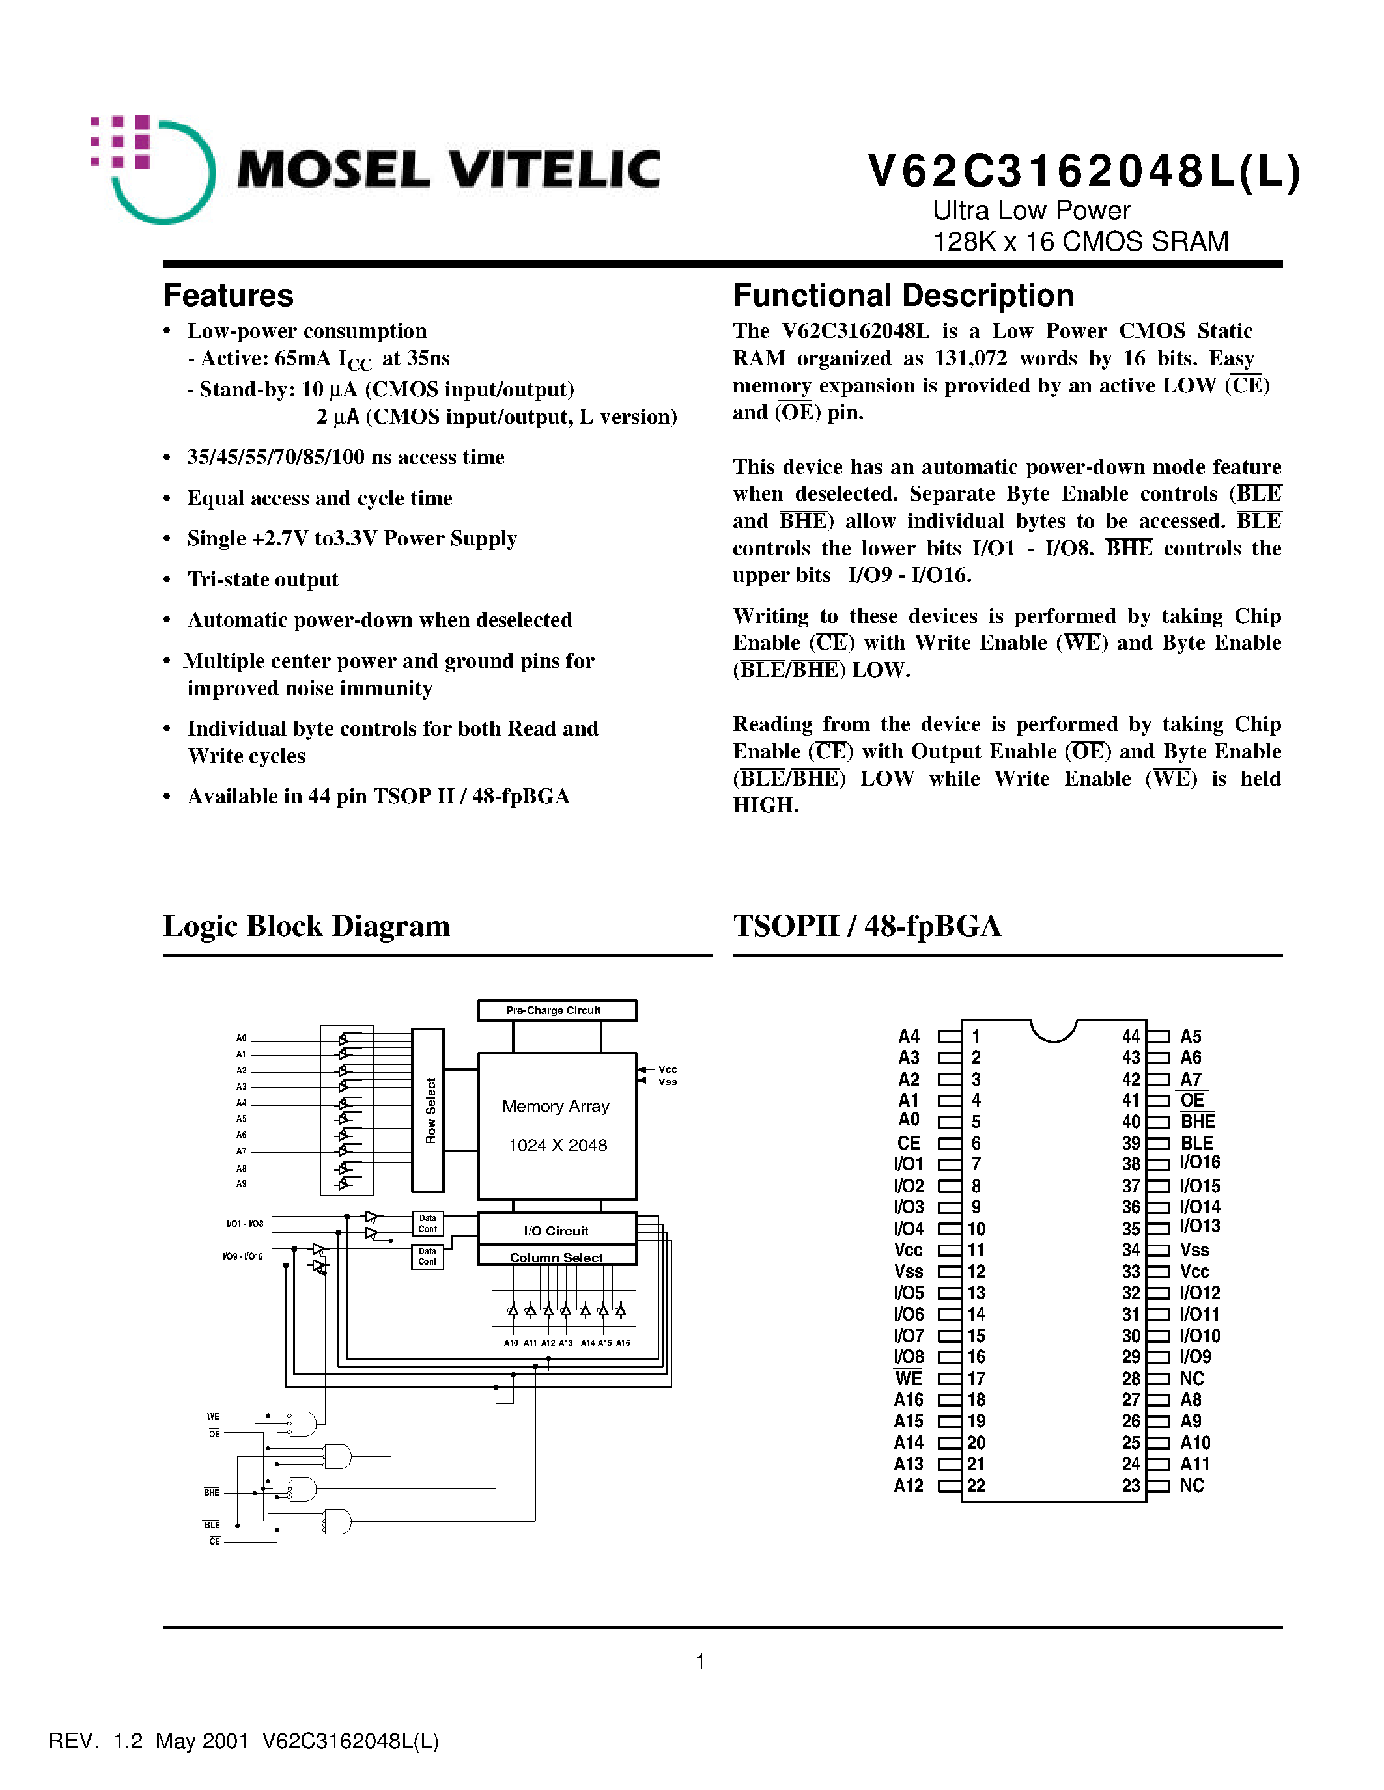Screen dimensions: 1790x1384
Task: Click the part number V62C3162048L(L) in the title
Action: click(x=1083, y=172)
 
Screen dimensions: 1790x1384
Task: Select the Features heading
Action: click(x=228, y=295)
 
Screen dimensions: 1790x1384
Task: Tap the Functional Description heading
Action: click(x=903, y=295)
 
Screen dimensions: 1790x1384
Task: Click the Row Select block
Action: click(x=428, y=1110)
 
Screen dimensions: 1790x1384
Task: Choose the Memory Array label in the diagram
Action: click(x=556, y=1107)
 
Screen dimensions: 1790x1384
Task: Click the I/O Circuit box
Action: click(x=556, y=1230)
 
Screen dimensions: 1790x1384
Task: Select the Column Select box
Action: click(x=556, y=1258)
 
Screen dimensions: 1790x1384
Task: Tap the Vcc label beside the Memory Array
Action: click(x=668, y=1069)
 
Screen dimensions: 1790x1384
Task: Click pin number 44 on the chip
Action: click(x=1131, y=1036)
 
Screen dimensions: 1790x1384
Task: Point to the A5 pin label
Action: click(x=1191, y=1036)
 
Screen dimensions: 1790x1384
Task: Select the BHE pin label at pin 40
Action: click(x=1197, y=1122)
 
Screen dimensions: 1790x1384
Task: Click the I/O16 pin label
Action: click(x=1200, y=1163)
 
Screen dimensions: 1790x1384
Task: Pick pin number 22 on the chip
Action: click(x=976, y=1486)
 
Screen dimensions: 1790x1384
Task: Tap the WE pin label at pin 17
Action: click(x=909, y=1379)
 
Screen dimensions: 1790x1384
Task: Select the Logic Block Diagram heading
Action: click(x=307, y=926)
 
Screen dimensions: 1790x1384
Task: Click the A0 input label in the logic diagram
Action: click(x=241, y=1038)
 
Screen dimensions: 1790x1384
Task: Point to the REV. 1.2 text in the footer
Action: click(x=96, y=1741)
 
